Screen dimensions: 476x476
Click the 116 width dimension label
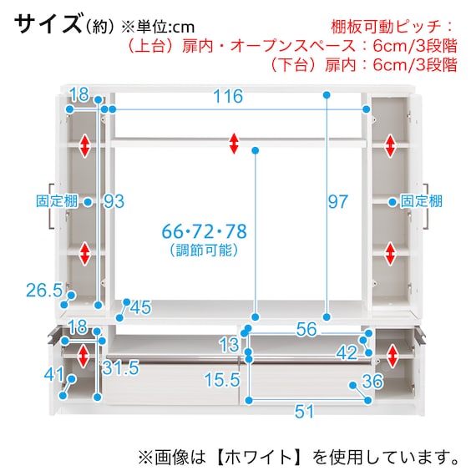[228, 96]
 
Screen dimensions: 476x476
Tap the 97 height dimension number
[338, 201]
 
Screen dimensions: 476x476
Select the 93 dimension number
[114, 201]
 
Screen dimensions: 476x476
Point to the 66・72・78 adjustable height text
[205, 231]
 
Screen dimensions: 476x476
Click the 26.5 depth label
[44, 290]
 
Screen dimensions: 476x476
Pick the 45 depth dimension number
[140, 307]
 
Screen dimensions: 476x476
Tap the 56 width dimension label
[306, 329]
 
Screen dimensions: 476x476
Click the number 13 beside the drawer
[229, 345]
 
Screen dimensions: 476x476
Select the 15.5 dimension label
[222, 380]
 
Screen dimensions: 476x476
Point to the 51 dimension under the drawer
[304, 412]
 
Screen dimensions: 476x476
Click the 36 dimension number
[372, 382]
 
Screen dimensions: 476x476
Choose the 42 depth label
[347, 352]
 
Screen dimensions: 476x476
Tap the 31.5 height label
[120, 368]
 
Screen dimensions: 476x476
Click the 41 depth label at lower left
[54, 374]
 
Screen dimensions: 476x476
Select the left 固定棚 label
[57, 201]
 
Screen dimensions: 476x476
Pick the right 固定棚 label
[422, 201]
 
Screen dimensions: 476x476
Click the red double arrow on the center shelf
[234, 144]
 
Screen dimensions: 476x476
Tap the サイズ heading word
[48, 24]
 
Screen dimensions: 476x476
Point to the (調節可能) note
[204, 251]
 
